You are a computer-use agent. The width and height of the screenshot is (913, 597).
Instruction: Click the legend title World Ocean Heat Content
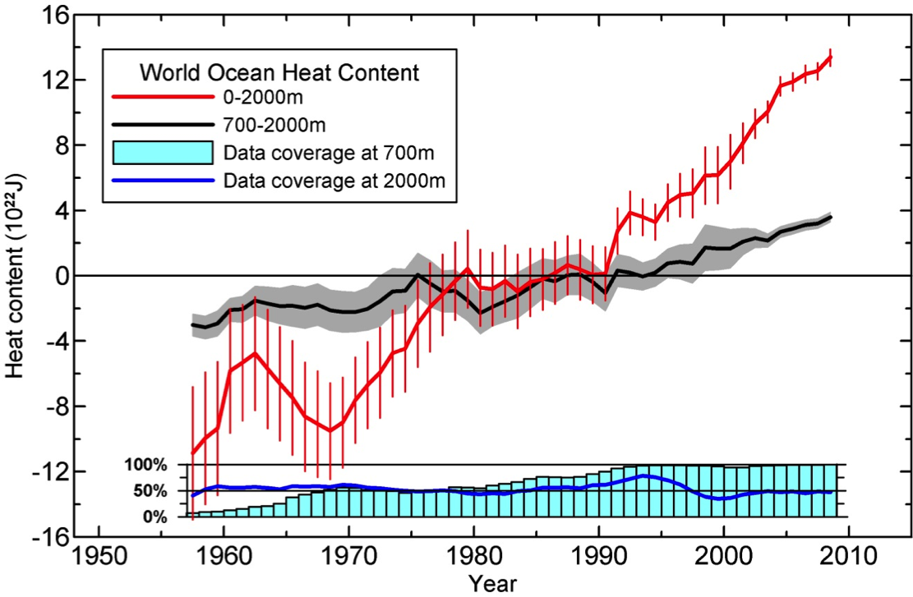pos(279,72)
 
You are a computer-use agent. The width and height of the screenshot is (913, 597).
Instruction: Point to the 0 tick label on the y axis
pos(58,276)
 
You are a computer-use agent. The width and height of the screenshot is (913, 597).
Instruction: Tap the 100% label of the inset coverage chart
pos(148,465)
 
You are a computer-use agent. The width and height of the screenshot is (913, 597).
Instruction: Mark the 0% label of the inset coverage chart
pos(155,517)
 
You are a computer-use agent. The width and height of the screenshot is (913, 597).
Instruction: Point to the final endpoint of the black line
pos(831,218)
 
